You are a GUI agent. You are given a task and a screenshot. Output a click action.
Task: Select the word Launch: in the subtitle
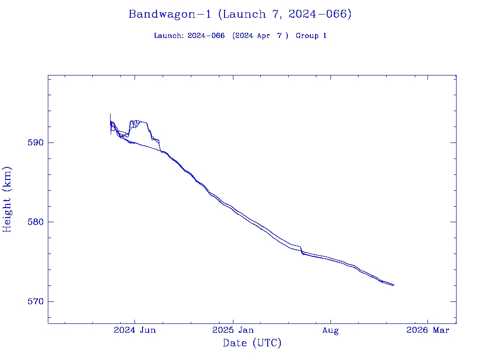point(169,36)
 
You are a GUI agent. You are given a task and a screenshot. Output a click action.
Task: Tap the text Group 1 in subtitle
point(311,36)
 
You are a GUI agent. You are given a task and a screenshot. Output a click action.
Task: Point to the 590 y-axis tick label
point(36,142)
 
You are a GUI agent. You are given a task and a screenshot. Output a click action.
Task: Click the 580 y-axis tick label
point(36,222)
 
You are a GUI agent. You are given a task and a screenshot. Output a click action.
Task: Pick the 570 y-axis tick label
point(36,301)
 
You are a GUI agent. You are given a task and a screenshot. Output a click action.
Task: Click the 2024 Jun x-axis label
point(135,330)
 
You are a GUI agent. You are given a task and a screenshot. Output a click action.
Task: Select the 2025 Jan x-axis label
point(233,330)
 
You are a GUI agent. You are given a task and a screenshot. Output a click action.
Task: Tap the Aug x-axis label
point(330,330)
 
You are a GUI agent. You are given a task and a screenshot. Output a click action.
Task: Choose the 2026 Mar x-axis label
point(428,330)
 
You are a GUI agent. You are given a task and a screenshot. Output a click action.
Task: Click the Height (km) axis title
point(7,199)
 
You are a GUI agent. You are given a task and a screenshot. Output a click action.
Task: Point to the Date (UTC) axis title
point(252,344)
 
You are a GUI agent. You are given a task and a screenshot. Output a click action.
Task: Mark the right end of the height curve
point(394,285)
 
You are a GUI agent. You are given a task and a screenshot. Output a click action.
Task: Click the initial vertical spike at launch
point(111,117)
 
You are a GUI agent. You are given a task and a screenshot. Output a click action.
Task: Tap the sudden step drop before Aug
point(301,250)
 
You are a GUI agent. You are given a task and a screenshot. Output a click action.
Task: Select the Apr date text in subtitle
point(263,36)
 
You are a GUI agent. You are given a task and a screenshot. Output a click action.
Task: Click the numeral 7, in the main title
point(277,15)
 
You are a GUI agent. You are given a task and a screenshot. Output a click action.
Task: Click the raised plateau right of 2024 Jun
point(141,122)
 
